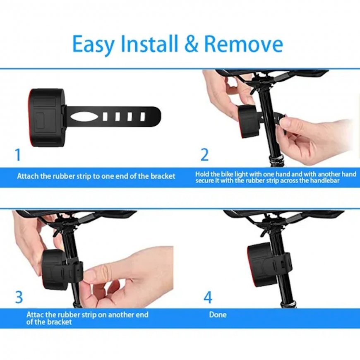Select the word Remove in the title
[x=243, y=43]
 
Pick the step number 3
[x=19, y=297]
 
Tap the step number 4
[x=208, y=297]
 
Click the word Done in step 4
[x=218, y=314]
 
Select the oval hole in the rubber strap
[x=84, y=117]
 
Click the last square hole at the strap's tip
[x=143, y=117]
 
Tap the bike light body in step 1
[x=48, y=118]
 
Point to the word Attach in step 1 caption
[x=26, y=176]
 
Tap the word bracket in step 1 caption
[x=163, y=176]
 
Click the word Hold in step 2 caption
[x=201, y=174]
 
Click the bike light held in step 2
[x=249, y=121]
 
